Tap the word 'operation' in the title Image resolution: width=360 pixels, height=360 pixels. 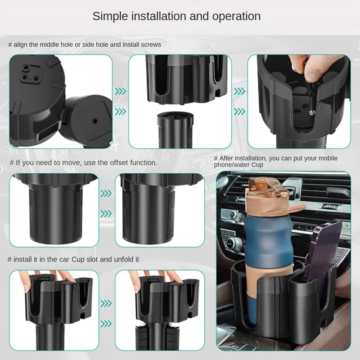tap(236, 17)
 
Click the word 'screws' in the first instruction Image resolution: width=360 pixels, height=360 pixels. tap(151, 45)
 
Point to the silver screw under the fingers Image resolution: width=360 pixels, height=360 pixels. tap(311, 112)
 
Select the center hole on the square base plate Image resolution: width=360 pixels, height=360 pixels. tap(94, 121)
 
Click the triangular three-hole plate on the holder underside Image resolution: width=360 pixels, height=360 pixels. tap(30, 73)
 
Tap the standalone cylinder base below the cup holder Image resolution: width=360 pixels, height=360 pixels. tap(175, 130)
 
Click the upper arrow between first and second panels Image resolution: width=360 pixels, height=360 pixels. tap(120, 91)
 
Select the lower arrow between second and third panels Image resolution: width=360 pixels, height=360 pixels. tap(239, 112)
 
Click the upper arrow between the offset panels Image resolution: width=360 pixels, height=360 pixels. tap(106, 193)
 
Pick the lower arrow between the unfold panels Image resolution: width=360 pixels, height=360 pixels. tap(106, 324)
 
